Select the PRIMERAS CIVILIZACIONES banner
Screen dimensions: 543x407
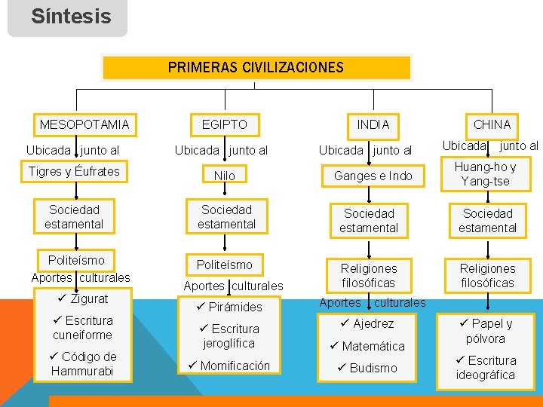[x=256, y=67]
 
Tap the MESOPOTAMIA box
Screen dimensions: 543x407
[x=84, y=124]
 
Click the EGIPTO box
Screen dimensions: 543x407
[x=224, y=124]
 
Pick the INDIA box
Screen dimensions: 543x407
[x=373, y=124]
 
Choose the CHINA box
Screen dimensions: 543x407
[x=492, y=124]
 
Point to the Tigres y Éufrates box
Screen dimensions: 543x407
[x=74, y=171]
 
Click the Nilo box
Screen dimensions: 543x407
[x=224, y=176]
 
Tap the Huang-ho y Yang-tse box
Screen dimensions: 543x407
[x=488, y=174]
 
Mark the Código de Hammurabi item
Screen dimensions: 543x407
[x=83, y=363]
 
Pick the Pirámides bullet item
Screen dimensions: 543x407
[x=229, y=307]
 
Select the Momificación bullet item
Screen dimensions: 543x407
[x=229, y=366]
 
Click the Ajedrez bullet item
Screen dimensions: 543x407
[x=367, y=323]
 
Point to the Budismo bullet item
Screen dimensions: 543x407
[x=367, y=368]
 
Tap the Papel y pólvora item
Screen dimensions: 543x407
[x=486, y=331]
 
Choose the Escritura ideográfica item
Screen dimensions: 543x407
[x=486, y=367]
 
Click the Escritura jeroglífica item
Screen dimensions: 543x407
[x=229, y=336]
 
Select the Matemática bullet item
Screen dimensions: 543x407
[x=367, y=346]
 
